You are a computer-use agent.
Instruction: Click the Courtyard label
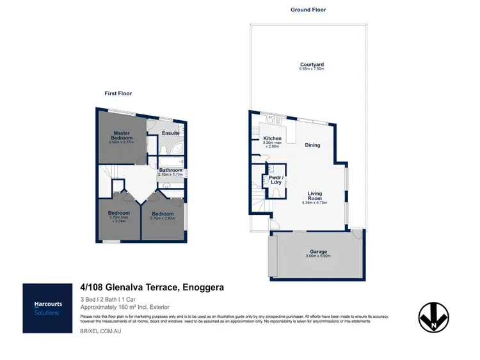pos(312,64)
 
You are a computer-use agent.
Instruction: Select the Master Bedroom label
pos(122,136)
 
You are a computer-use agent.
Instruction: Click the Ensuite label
pos(170,133)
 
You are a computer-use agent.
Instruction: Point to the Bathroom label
pos(171,169)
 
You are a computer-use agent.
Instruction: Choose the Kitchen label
pos(273,139)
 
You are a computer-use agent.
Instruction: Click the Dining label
pos(312,145)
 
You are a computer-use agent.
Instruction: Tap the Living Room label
pos(314,195)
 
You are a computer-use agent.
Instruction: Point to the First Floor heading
pos(118,93)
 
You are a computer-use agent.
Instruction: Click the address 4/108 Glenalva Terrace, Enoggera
pos(152,288)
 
